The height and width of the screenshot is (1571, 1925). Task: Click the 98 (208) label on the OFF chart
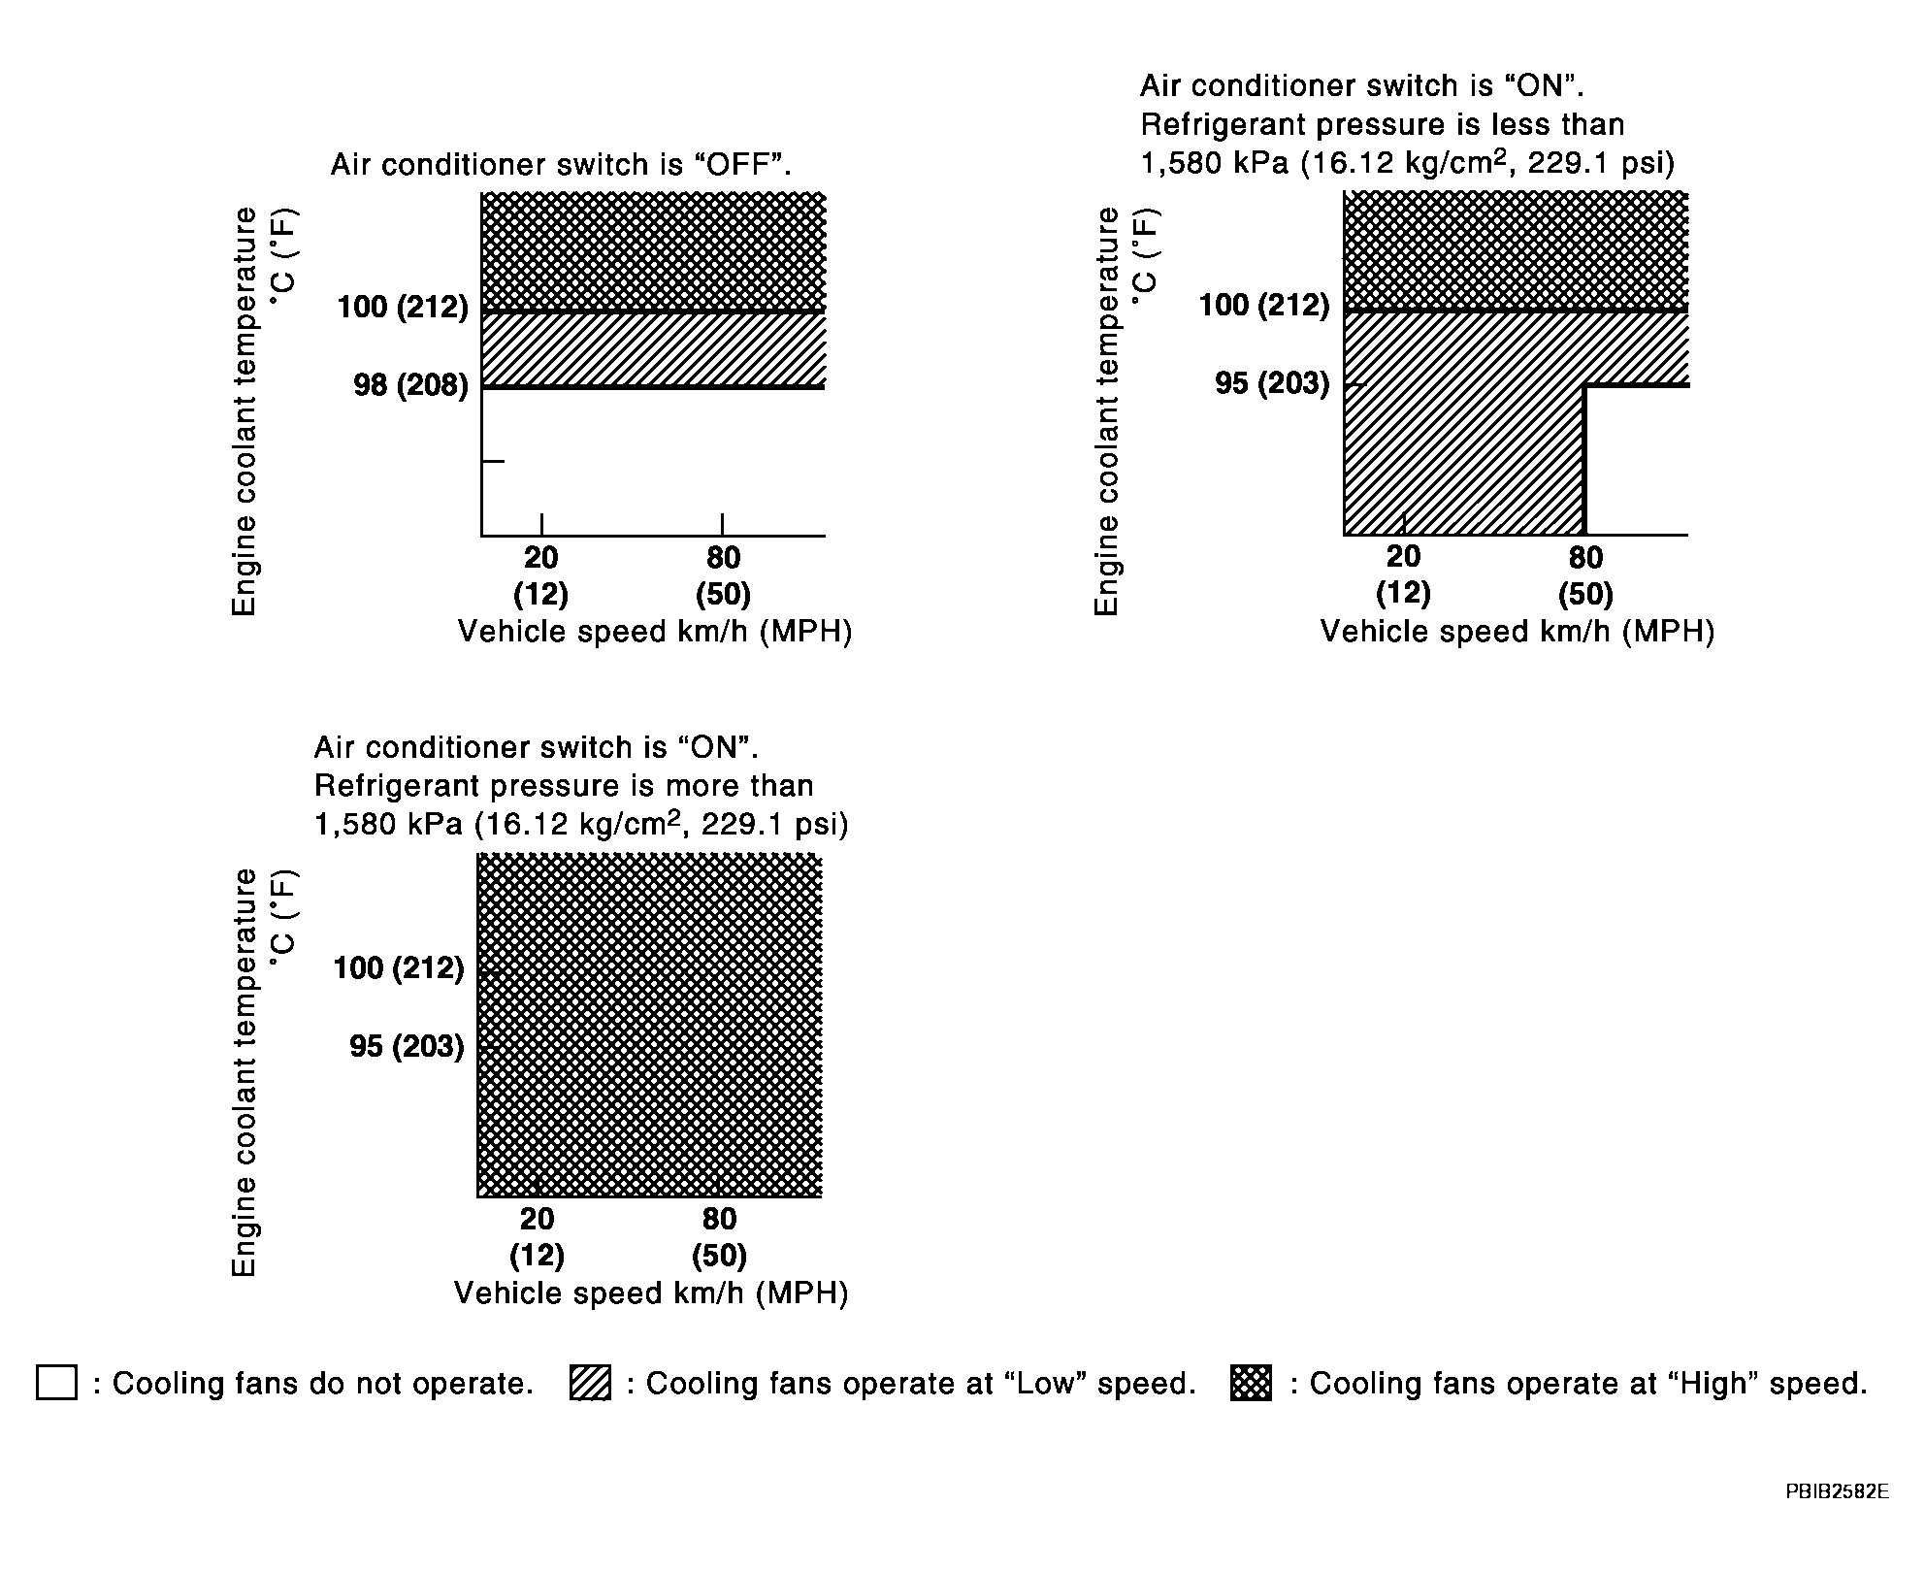pyautogui.click(x=410, y=386)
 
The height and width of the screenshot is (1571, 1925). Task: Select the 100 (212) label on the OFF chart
pyautogui.click(x=403, y=308)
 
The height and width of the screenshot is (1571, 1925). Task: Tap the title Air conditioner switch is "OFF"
pyautogui.click(x=561, y=165)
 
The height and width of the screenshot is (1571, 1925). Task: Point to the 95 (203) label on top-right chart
pyautogui.click(x=1272, y=383)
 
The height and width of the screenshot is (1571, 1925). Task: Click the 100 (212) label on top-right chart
pyautogui.click(x=1264, y=306)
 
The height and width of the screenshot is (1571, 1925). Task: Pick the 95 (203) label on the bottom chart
pyautogui.click(x=407, y=1046)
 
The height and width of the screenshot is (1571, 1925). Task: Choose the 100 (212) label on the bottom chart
pyautogui.click(x=399, y=967)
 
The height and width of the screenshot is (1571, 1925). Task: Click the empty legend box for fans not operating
pyautogui.click(x=56, y=1383)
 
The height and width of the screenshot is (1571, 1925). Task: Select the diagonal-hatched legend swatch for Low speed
pyautogui.click(x=591, y=1383)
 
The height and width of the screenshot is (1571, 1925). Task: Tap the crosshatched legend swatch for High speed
pyautogui.click(x=1251, y=1383)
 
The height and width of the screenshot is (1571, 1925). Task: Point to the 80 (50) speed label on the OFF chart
pyautogui.click(x=723, y=575)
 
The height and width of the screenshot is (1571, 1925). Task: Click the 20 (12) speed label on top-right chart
pyautogui.click(x=1403, y=573)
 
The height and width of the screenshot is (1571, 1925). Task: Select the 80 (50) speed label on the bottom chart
pyautogui.click(x=719, y=1236)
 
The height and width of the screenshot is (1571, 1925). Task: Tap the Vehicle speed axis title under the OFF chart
pyautogui.click(x=655, y=632)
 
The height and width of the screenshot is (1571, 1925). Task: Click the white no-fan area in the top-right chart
pyautogui.click(x=1637, y=461)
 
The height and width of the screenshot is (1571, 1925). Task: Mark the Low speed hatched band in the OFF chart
pyautogui.click(x=653, y=349)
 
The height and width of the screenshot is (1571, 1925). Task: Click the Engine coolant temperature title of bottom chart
pyautogui.click(x=245, y=1071)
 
